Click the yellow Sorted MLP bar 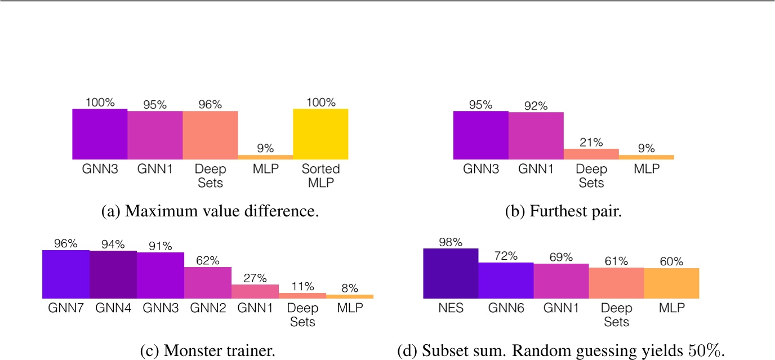320,134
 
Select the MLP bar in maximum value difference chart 265,157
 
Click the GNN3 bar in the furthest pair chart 481,135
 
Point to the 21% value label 591,143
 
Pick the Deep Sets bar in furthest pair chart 591,154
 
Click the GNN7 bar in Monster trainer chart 66,274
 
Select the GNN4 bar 113,274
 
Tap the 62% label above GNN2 208,261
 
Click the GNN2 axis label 208,308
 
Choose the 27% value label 255,278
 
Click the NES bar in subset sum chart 451,273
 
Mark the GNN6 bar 506,280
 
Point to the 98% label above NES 451,242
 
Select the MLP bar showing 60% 671,283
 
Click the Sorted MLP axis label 320,175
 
